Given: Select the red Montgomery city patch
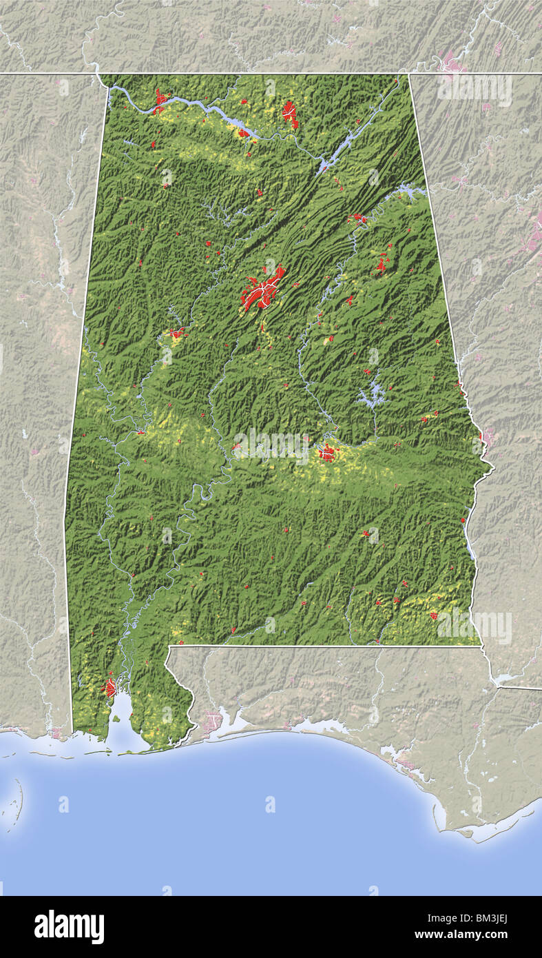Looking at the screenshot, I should pos(327,453).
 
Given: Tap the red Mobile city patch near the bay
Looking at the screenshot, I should pos(110,687).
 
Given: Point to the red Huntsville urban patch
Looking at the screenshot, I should pos(290,113).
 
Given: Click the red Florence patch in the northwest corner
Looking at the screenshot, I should pos(160,101).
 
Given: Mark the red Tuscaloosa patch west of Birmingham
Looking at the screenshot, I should pos(178,334).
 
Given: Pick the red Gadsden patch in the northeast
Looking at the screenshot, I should pos(358,218).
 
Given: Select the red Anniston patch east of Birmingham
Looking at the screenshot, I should pos(382,264).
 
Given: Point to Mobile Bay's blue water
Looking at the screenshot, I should pos(125,717).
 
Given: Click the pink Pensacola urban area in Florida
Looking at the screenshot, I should pos(212,722).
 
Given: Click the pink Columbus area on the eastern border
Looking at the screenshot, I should pos(488,436).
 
